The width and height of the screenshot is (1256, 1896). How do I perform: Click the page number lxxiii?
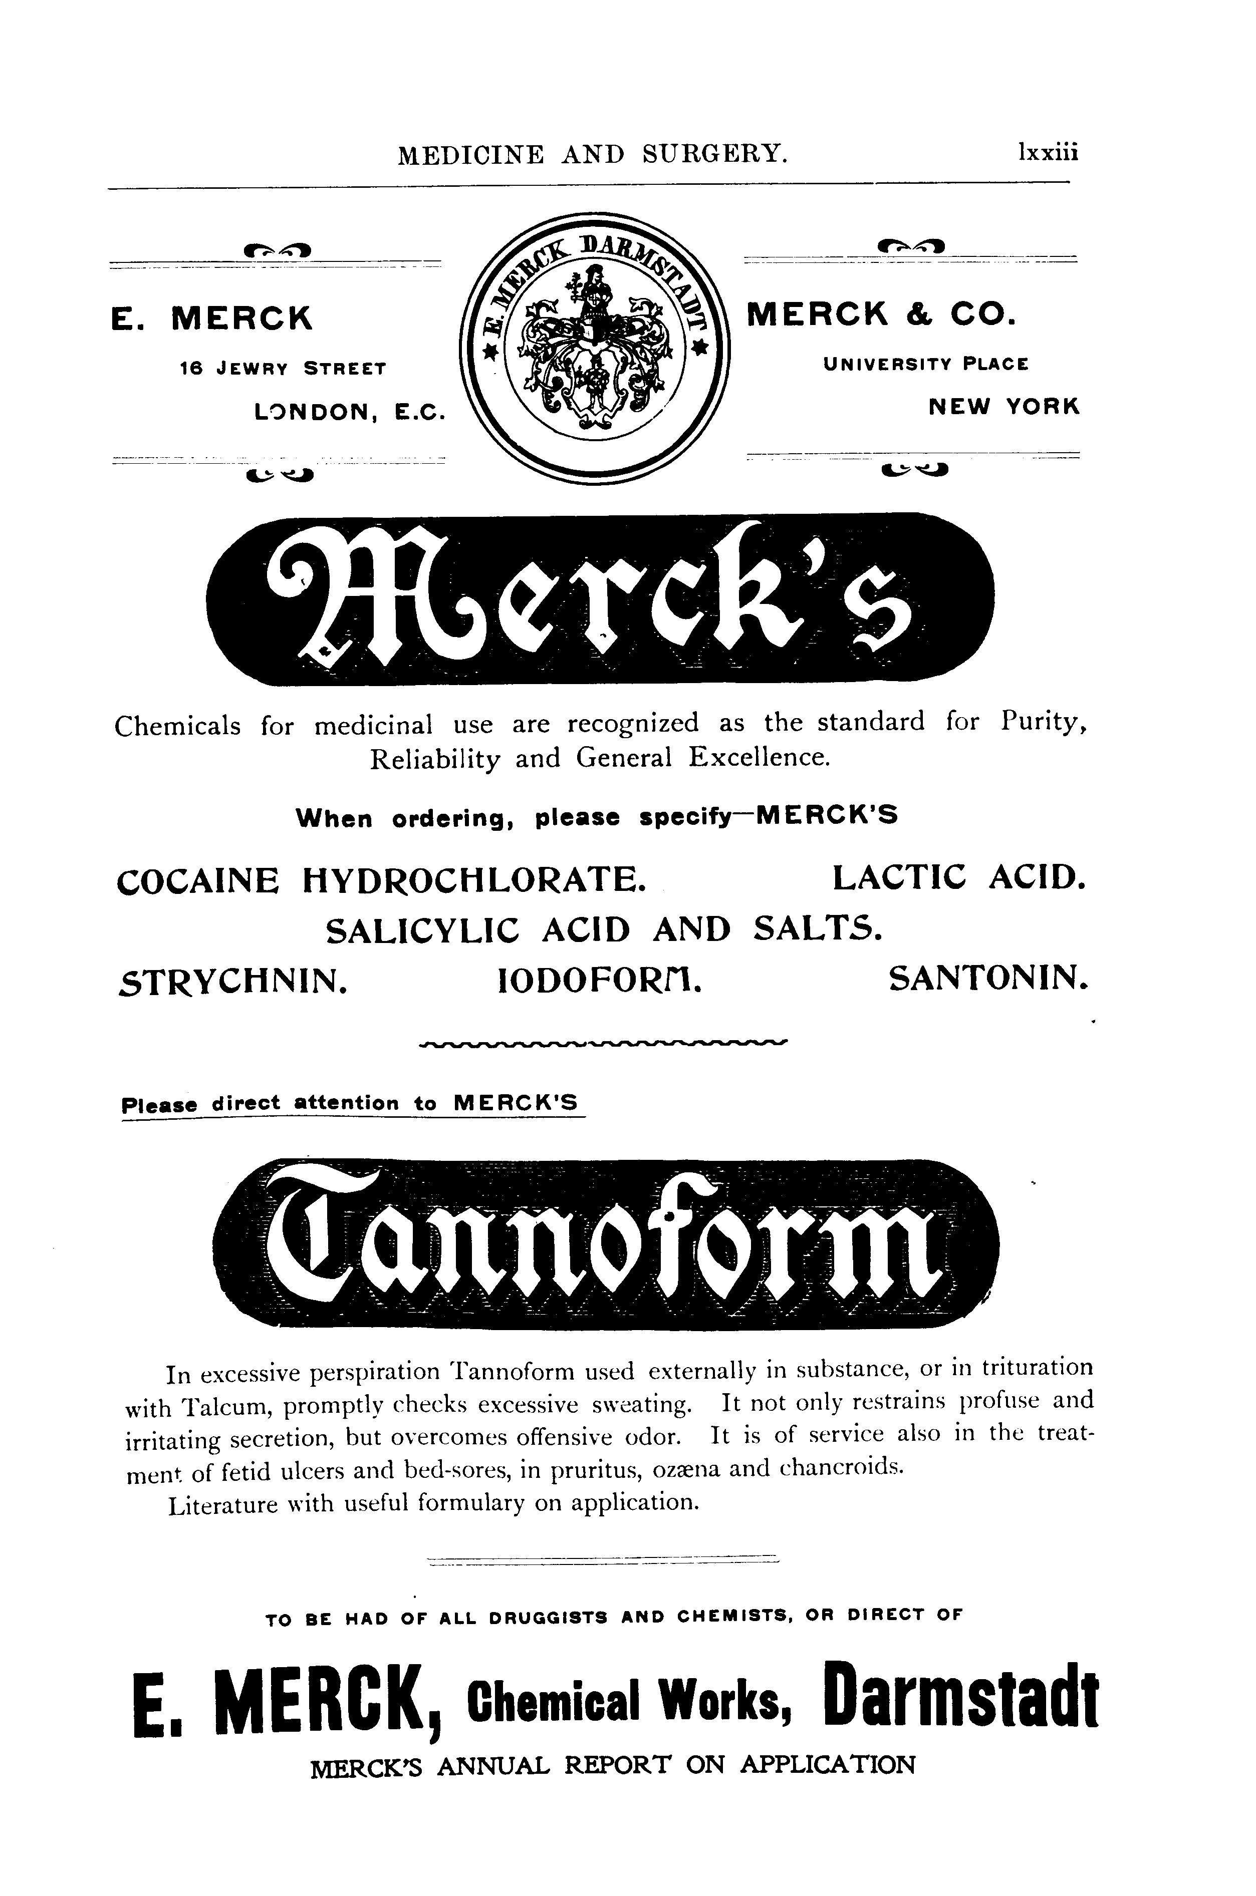coord(1047,152)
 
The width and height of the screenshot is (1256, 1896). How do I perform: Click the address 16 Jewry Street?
coord(283,369)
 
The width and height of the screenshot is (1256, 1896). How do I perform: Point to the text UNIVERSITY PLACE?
coord(925,364)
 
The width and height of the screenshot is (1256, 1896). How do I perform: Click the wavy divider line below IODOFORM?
coord(604,1043)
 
